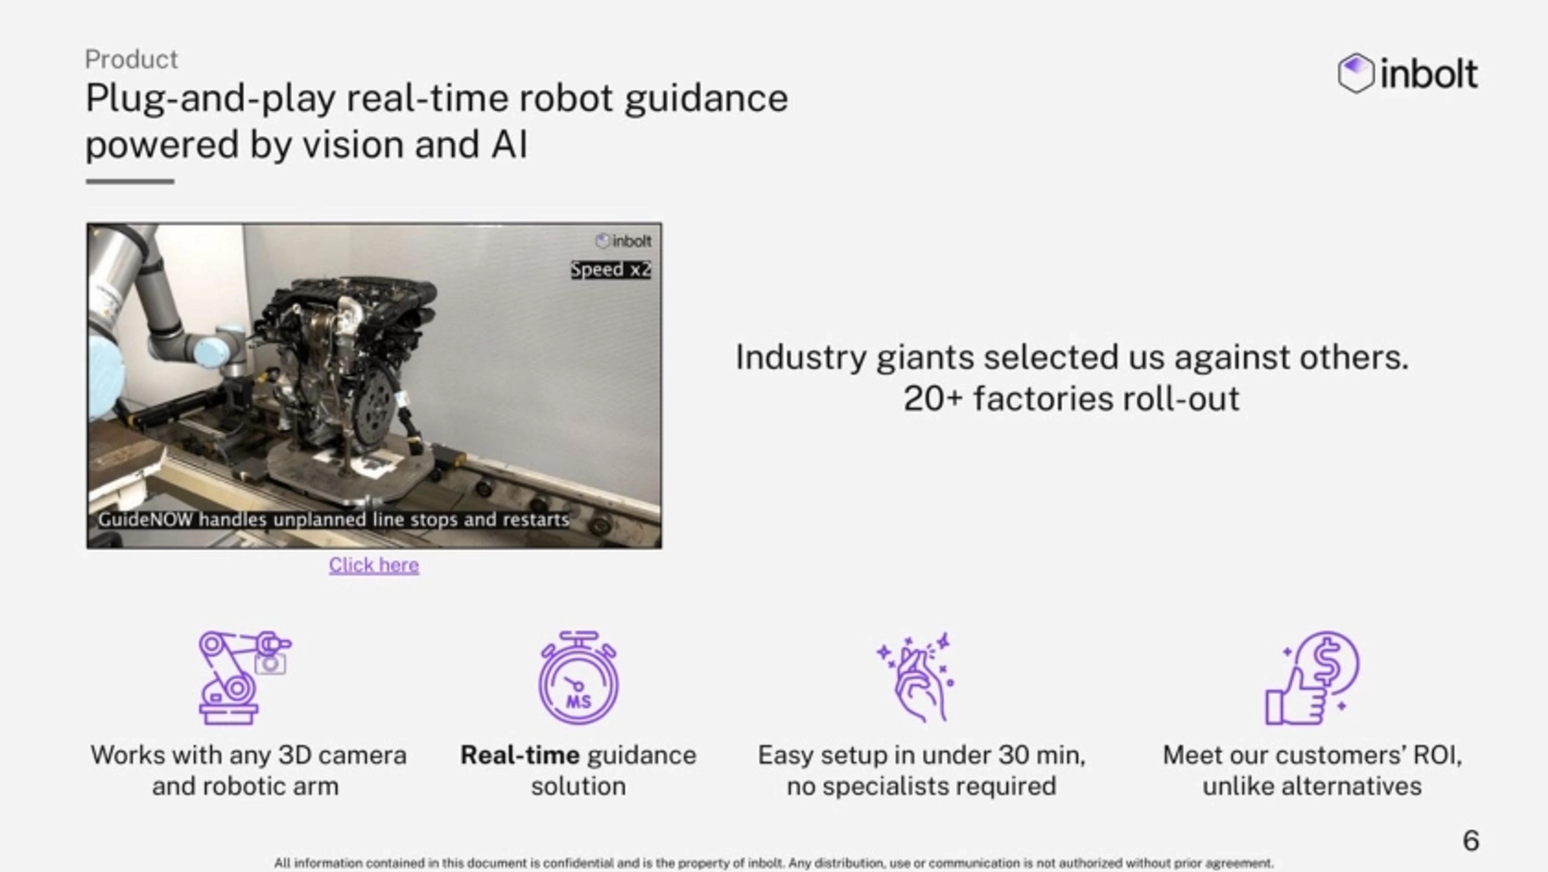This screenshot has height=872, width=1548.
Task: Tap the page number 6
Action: click(1471, 840)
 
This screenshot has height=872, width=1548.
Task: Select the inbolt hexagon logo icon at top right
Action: click(1356, 73)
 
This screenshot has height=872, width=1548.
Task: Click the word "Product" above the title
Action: click(131, 60)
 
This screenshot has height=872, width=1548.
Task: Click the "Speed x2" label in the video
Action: click(611, 269)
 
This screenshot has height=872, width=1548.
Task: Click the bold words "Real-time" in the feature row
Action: click(520, 755)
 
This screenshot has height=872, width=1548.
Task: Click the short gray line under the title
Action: click(130, 181)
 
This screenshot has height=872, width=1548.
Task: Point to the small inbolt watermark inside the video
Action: click(623, 241)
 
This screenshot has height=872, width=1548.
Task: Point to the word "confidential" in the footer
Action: click(579, 863)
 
